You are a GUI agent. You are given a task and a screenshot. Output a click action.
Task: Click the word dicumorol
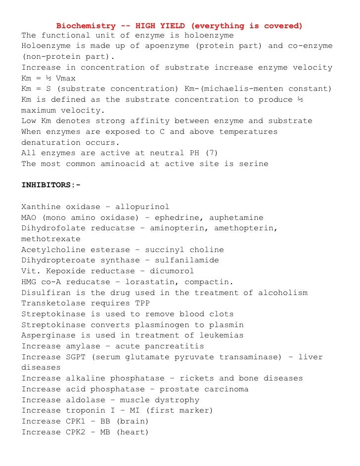click(170, 271)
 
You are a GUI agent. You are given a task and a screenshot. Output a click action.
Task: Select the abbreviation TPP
click(142, 303)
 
